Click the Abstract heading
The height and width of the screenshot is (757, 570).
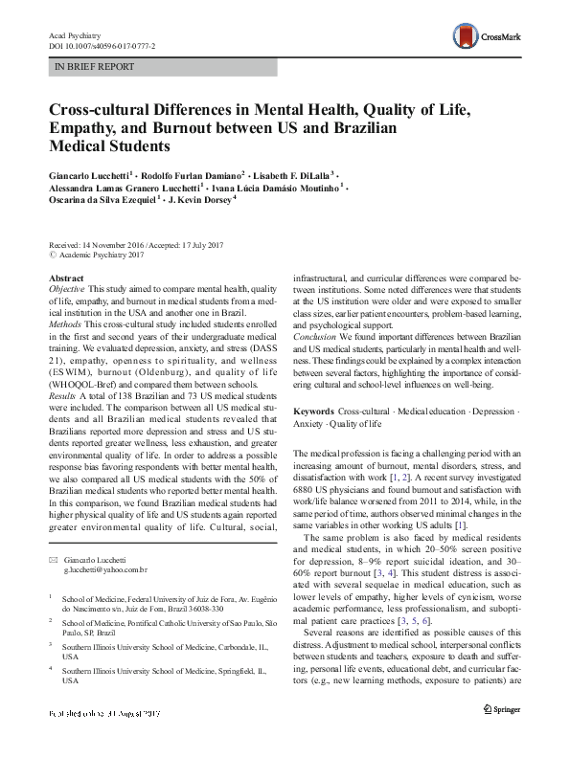click(66, 278)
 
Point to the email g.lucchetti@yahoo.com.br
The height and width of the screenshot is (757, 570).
click(103, 569)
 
